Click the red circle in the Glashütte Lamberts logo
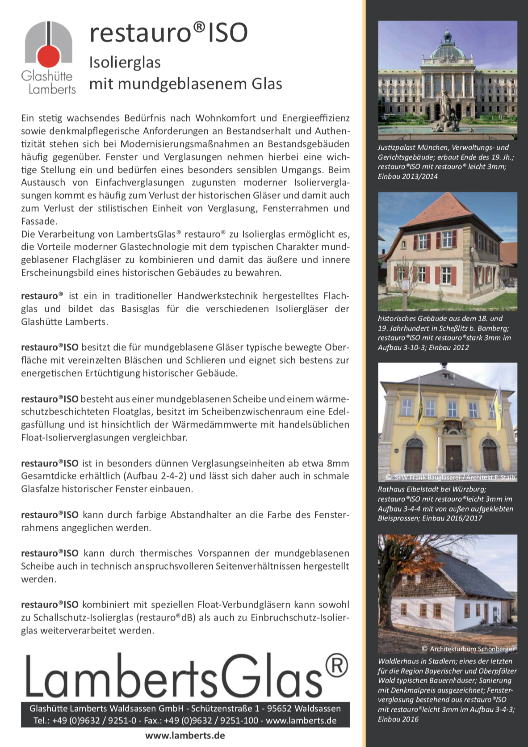tap(48, 56)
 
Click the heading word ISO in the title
tap(227, 33)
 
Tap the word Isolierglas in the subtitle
tap(125, 63)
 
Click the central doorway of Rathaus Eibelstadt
tap(453, 457)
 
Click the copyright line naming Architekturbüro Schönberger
tap(468, 649)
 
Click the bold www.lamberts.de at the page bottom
tap(185, 735)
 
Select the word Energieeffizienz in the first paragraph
tap(315, 118)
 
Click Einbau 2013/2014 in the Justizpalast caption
tap(408, 176)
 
